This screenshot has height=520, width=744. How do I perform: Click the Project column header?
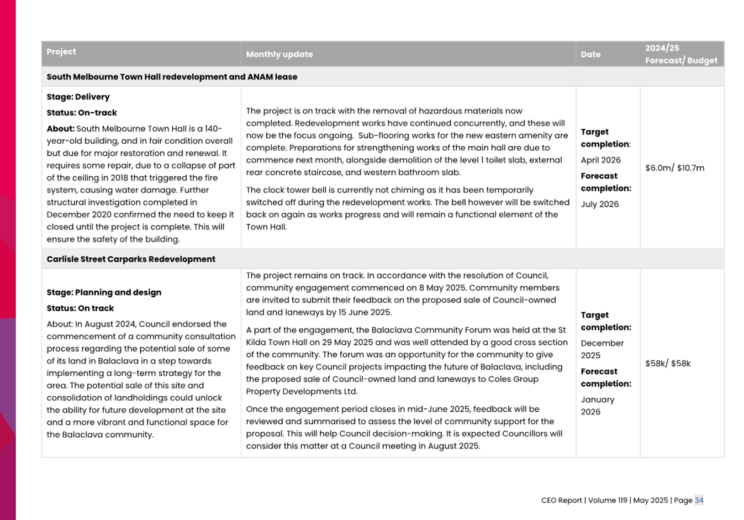click(61, 51)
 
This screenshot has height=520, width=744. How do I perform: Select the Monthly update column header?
click(279, 54)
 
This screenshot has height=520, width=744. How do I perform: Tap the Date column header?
click(590, 54)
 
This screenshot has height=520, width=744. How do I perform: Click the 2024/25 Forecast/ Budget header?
click(681, 54)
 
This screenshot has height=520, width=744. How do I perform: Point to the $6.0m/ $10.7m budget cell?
click(674, 168)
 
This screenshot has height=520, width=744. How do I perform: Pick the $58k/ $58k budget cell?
click(668, 364)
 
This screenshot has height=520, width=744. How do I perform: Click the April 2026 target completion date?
click(600, 160)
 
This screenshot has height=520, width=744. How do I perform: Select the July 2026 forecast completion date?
click(599, 204)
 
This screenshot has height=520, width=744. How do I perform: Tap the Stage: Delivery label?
click(78, 97)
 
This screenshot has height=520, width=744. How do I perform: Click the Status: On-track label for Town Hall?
click(82, 113)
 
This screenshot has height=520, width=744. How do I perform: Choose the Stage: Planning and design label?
click(104, 292)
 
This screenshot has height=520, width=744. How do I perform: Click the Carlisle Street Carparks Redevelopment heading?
click(131, 259)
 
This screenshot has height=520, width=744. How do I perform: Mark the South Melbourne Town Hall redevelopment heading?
click(172, 77)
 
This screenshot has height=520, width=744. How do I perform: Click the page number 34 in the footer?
click(699, 500)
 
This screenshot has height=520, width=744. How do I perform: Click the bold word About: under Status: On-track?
click(60, 129)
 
